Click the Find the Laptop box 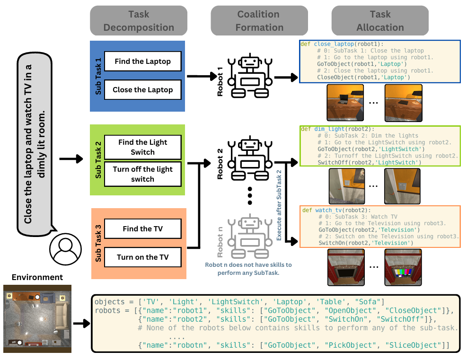142,61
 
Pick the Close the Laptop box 142,89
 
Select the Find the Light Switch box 142,147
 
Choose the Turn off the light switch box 142,174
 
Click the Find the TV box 142,229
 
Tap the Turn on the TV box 142,257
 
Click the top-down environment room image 37,318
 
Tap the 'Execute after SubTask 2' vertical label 279,205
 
